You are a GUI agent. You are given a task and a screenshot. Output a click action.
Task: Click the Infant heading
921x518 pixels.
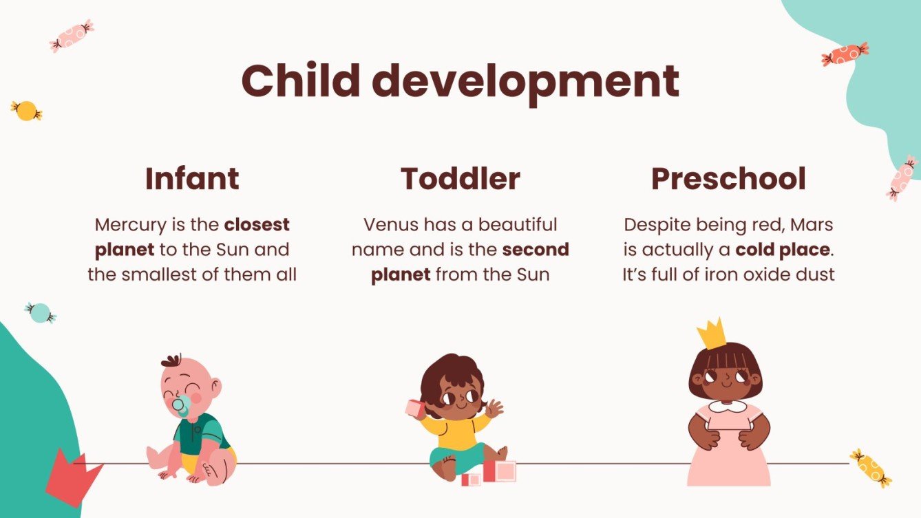(192, 179)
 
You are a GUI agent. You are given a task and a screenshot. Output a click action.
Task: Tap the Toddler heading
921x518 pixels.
(460, 179)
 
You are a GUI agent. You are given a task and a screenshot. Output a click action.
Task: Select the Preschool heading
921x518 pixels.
(728, 179)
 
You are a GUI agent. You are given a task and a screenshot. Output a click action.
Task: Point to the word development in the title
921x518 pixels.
(526, 83)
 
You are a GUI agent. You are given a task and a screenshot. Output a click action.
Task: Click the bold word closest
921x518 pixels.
(257, 225)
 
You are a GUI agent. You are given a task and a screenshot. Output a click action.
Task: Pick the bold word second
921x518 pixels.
(536, 250)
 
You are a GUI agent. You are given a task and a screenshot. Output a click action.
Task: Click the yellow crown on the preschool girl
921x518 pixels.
(712, 334)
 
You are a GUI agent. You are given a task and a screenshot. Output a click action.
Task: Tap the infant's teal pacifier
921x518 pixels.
(181, 407)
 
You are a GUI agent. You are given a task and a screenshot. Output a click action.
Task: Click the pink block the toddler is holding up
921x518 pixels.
(414, 408)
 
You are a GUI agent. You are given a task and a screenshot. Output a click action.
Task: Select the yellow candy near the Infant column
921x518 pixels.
(26, 110)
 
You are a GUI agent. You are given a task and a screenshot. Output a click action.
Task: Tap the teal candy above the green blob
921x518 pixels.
(40, 312)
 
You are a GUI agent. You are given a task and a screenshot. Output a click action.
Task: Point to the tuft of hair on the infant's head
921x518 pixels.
(171, 361)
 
